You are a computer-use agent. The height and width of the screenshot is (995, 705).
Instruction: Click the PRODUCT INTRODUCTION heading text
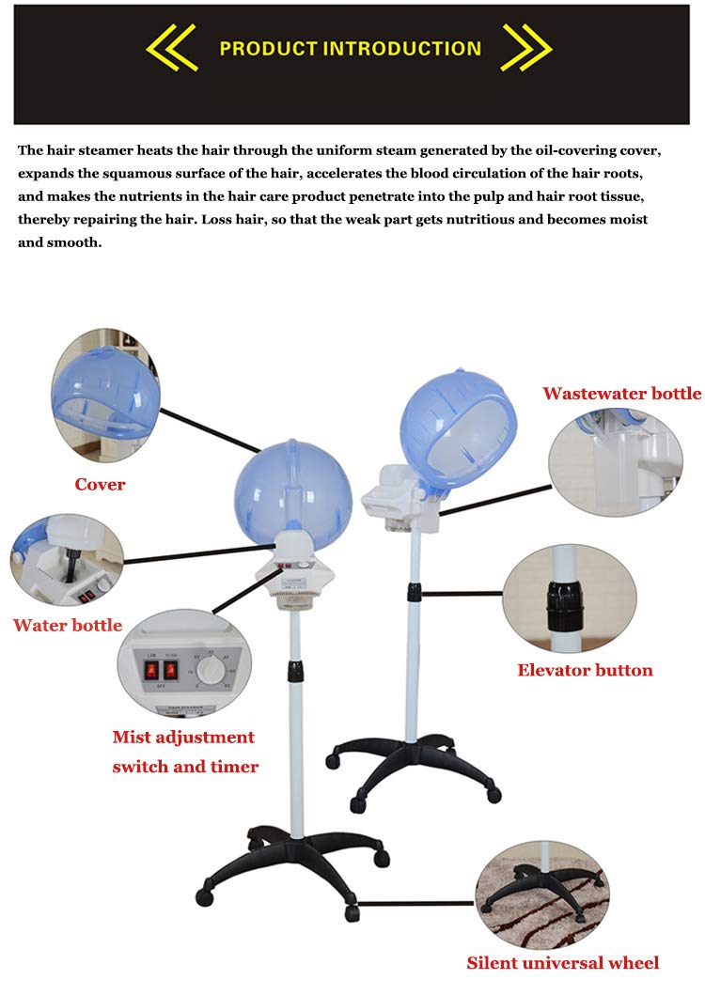click(x=350, y=49)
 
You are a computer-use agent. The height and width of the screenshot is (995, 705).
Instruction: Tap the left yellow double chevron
click(x=171, y=49)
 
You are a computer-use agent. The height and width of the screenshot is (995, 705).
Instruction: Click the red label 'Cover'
click(x=100, y=485)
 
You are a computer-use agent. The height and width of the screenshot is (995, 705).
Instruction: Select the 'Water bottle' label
click(x=68, y=625)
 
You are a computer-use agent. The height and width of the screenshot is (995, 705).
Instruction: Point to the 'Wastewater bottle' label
click(x=621, y=393)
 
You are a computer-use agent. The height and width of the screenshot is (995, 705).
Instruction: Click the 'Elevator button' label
click(x=585, y=670)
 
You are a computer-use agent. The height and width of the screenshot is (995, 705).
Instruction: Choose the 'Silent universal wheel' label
click(x=563, y=962)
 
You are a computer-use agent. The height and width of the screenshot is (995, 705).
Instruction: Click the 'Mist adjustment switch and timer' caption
click(x=185, y=752)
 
